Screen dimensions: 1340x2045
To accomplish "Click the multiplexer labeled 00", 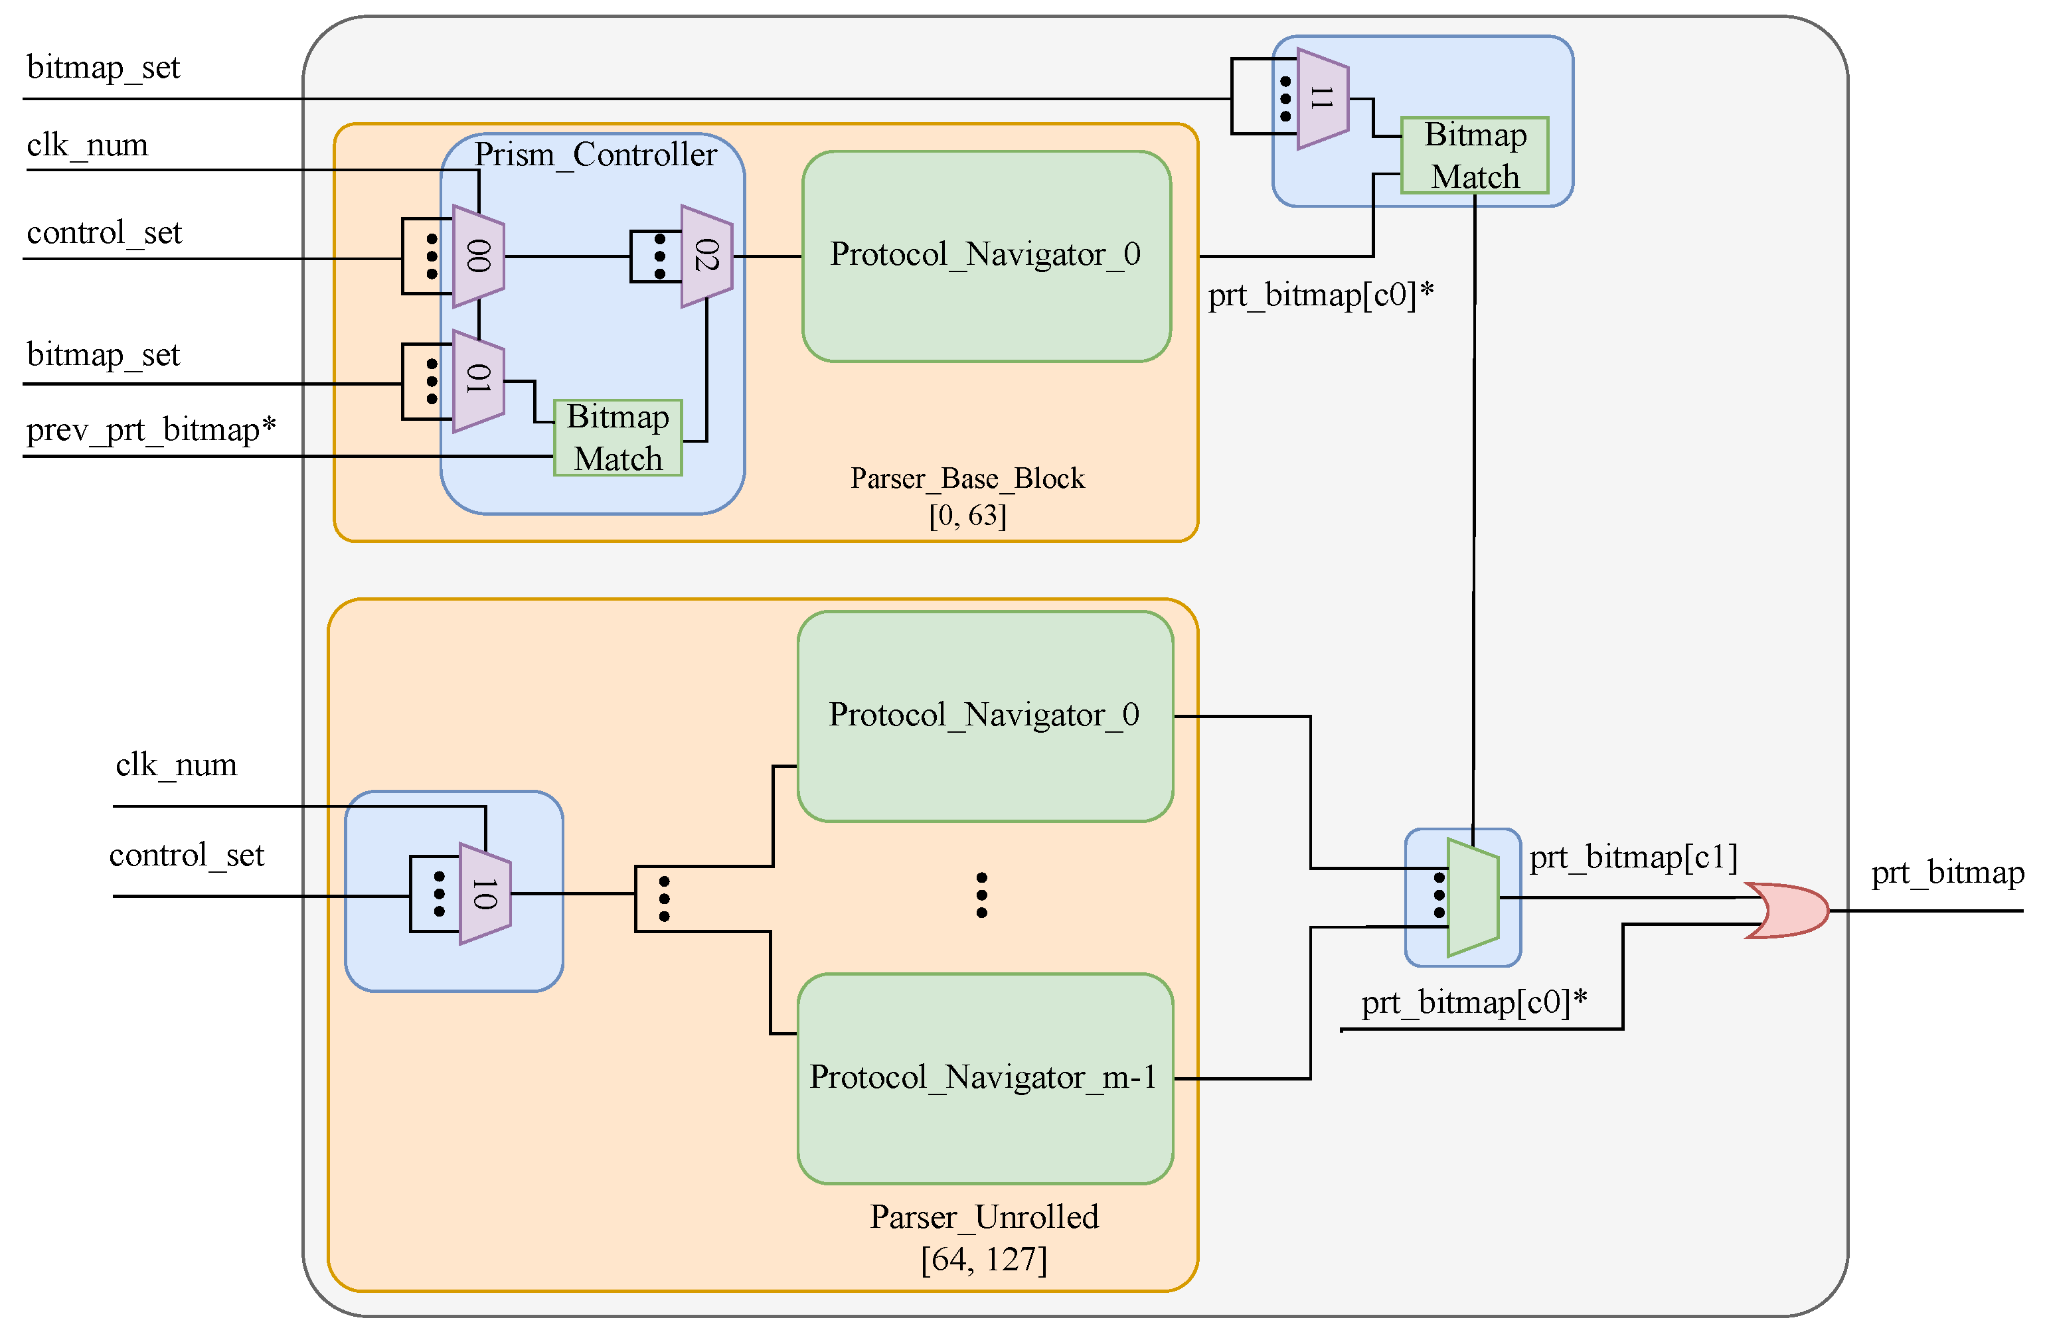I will click(x=479, y=256).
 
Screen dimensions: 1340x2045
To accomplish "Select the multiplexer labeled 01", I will click(x=479, y=380).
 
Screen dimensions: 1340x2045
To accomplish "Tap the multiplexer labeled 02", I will click(x=706, y=256).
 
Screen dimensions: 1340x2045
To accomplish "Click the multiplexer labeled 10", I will click(x=485, y=894).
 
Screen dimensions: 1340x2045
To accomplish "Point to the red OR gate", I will click(x=1787, y=911).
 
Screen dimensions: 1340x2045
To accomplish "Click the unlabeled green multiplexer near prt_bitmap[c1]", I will click(x=1473, y=897).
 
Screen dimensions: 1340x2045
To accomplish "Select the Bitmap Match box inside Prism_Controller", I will click(x=617, y=438).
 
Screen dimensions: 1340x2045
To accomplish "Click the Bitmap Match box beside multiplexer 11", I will click(x=1475, y=155).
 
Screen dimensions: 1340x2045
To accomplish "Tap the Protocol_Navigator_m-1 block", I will click(x=985, y=1078).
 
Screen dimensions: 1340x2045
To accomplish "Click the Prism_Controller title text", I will click(x=596, y=155).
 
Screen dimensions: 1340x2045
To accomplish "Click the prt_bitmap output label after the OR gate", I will click(x=1947, y=873).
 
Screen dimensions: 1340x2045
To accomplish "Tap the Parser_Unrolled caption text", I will click(x=984, y=1217).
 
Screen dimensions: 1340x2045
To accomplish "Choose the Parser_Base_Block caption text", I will click(x=967, y=479).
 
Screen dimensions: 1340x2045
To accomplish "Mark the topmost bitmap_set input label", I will click(x=103, y=67).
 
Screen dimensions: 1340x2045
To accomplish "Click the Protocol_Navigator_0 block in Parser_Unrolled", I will click(x=985, y=715).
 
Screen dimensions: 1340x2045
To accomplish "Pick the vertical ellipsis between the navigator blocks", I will click(x=981, y=895).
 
